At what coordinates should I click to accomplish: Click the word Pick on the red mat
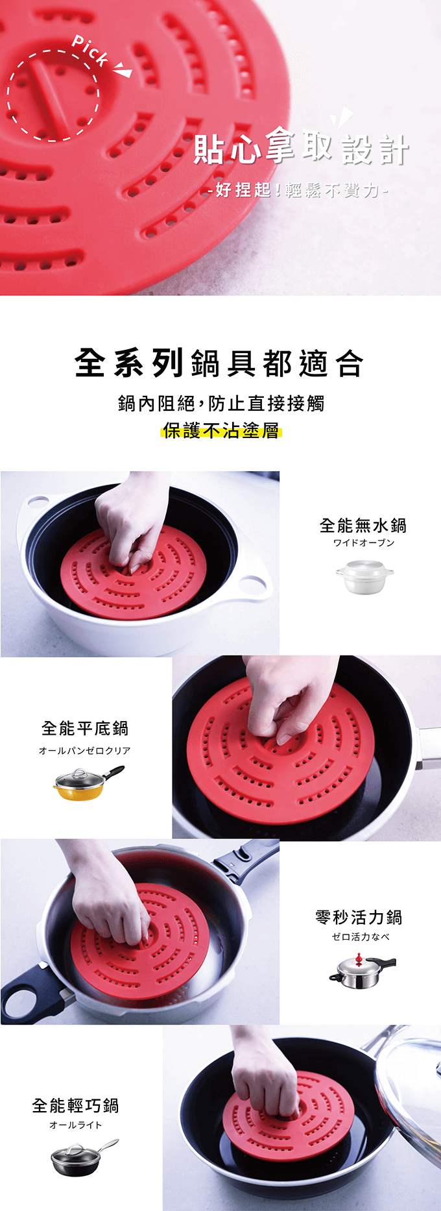coord(90,51)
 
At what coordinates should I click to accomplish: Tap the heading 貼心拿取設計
coord(302,149)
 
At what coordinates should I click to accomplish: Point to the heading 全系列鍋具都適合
coord(219,362)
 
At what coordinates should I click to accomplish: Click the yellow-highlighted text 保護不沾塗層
coord(220,430)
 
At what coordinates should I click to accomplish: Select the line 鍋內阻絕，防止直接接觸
coord(221,403)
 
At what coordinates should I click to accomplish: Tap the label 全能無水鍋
coord(363,525)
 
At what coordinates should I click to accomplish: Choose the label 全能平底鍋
coord(85,728)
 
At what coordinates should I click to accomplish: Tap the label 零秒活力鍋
coord(359,917)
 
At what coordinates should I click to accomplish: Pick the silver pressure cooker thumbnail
coord(362,971)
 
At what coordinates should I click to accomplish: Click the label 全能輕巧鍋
coord(75,1105)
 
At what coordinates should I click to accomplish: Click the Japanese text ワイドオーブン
coord(364,543)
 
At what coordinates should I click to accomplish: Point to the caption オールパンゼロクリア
coord(85,750)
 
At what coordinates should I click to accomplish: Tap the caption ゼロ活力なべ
coord(361,936)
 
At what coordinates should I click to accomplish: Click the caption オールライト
coord(76,1125)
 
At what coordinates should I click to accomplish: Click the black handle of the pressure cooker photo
coord(29,993)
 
